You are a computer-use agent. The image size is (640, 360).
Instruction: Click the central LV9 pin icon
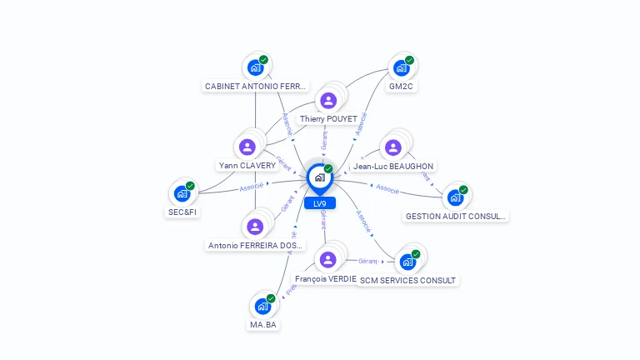coord(319,177)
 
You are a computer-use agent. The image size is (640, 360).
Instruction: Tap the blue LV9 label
coord(320,203)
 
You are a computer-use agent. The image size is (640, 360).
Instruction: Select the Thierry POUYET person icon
coord(328,101)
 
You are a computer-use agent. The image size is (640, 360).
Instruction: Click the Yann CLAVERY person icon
coord(247,147)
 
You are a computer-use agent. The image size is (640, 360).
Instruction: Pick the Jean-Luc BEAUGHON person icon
coord(392,148)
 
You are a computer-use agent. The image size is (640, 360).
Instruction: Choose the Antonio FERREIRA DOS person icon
coord(255,227)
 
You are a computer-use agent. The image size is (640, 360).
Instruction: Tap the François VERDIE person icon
coord(327,259)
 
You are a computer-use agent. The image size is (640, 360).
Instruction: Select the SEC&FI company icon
coord(182,194)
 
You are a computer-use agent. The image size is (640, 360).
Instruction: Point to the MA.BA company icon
coord(262,306)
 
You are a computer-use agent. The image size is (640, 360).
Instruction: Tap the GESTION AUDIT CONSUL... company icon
coord(455,197)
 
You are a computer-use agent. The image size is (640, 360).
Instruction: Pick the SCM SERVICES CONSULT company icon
coord(407,262)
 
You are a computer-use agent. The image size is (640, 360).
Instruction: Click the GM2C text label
coord(402,86)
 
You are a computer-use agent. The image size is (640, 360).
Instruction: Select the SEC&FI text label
coord(182,212)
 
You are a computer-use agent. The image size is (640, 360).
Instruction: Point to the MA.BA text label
coord(262,324)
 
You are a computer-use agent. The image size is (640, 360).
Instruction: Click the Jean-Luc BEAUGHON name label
coord(394,167)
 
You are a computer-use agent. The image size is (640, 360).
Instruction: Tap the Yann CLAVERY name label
coord(247,166)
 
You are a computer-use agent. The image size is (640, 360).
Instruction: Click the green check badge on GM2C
coord(410,60)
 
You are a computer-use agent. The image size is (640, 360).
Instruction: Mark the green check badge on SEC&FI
coord(190,186)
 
